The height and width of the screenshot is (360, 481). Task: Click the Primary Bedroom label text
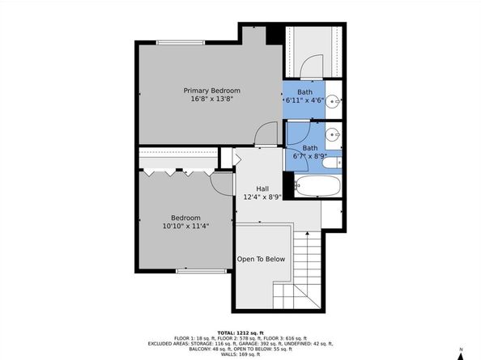click(x=211, y=90)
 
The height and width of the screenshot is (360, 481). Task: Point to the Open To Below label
click(x=261, y=260)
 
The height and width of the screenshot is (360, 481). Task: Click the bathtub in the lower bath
click(x=316, y=186)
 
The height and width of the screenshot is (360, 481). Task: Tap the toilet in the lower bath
click(x=330, y=163)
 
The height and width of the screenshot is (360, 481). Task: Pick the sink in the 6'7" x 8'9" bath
click(x=333, y=135)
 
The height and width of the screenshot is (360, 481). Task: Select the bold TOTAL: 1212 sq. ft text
click(x=240, y=332)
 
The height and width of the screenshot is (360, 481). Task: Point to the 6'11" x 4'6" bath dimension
click(x=304, y=100)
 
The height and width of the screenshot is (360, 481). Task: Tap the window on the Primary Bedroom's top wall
click(x=181, y=42)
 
